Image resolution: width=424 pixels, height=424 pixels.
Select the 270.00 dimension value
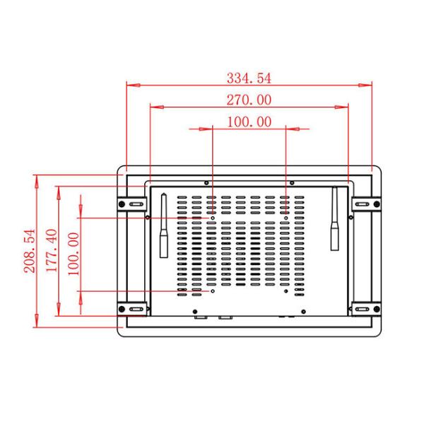click(249, 100)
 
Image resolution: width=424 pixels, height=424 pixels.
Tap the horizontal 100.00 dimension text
click(249, 122)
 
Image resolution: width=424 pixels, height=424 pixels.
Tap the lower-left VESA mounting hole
click(213, 290)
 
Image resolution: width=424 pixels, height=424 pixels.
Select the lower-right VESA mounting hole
click(285, 290)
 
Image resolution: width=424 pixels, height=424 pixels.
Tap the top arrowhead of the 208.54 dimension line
click(35, 177)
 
